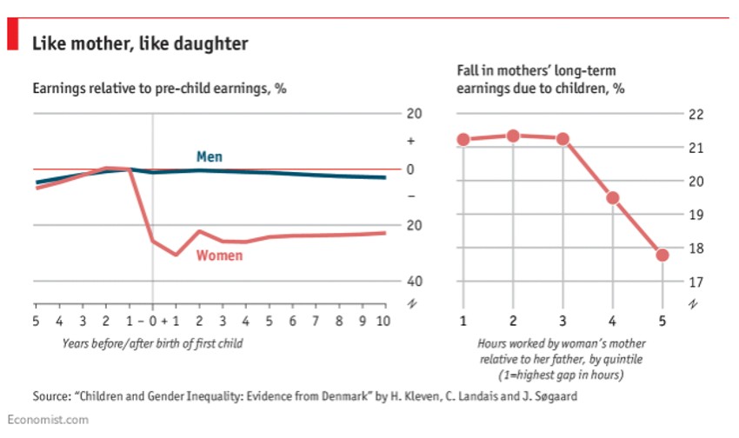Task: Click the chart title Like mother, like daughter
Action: tap(140, 43)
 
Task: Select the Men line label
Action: tap(209, 156)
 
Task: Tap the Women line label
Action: tap(219, 255)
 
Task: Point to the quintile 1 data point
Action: tap(463, 140)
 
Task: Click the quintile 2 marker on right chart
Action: tap(513, 136)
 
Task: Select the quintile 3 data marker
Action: tap(563, 139)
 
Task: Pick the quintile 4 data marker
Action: tap(612, 197)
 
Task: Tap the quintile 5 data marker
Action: tap(662, 255)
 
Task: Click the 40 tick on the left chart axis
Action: tap(414, 282)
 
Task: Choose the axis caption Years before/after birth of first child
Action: tap(153, 342)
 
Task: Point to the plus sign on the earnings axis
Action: tap(414, 142)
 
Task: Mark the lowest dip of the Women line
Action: tap(176, 255)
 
